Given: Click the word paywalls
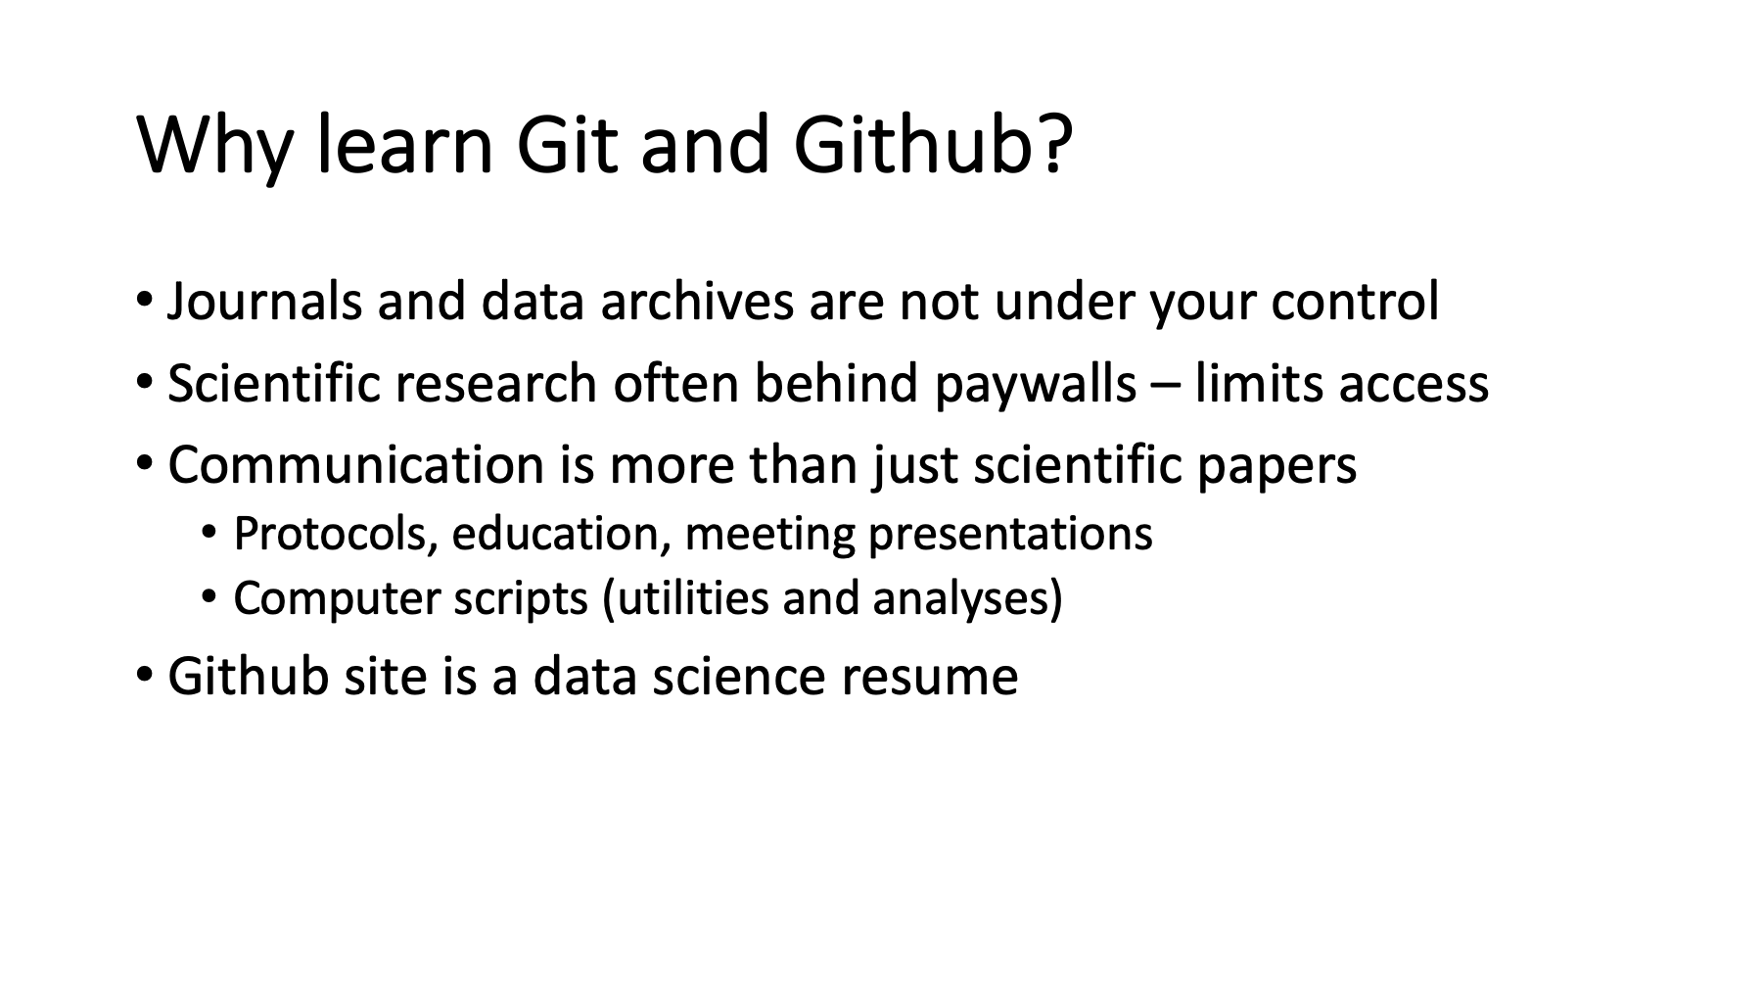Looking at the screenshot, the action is [x=1035, y=384].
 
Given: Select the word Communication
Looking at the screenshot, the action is [x=356, y=464].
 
